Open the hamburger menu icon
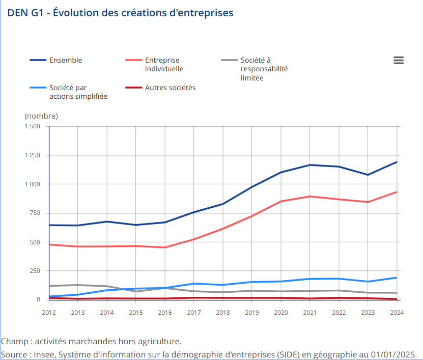click(399, 60)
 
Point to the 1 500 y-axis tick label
click(32, 126)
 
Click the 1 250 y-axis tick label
click(32, 155)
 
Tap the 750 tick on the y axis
click(34, 213)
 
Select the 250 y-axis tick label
click(34, 271)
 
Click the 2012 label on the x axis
click(49, 312)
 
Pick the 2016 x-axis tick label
click(165, 312)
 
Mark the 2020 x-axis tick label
click(281, 312)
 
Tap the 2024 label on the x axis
click(397, 312)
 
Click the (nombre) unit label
click(41, 116)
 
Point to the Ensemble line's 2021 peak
click(310, 165)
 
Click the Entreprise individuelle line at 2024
click(397, 192)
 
